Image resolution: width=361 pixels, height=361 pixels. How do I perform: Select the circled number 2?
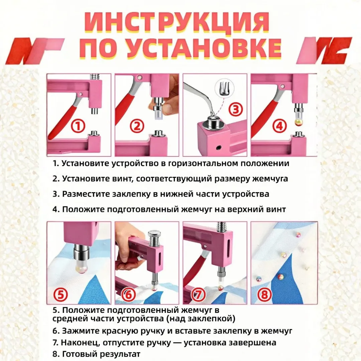[x=137, y=126]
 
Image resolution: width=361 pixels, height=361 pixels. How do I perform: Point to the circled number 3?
[x=235, y=109]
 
